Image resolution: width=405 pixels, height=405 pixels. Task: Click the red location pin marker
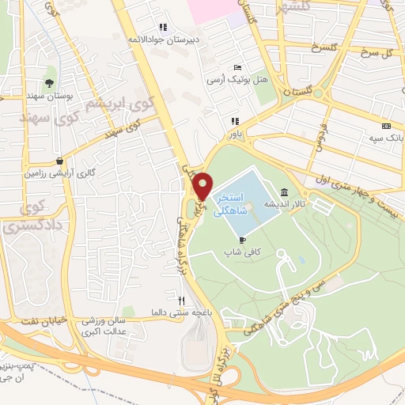point(202,185)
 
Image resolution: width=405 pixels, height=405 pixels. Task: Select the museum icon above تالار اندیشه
point(284,192)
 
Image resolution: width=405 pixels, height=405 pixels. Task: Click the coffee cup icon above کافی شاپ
point(243,240)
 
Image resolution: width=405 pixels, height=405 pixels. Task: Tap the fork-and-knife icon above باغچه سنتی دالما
point(181,301)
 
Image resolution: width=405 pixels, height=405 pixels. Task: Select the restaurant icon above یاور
point(234,121)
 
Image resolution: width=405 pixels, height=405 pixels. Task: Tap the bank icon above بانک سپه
point(386,126)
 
